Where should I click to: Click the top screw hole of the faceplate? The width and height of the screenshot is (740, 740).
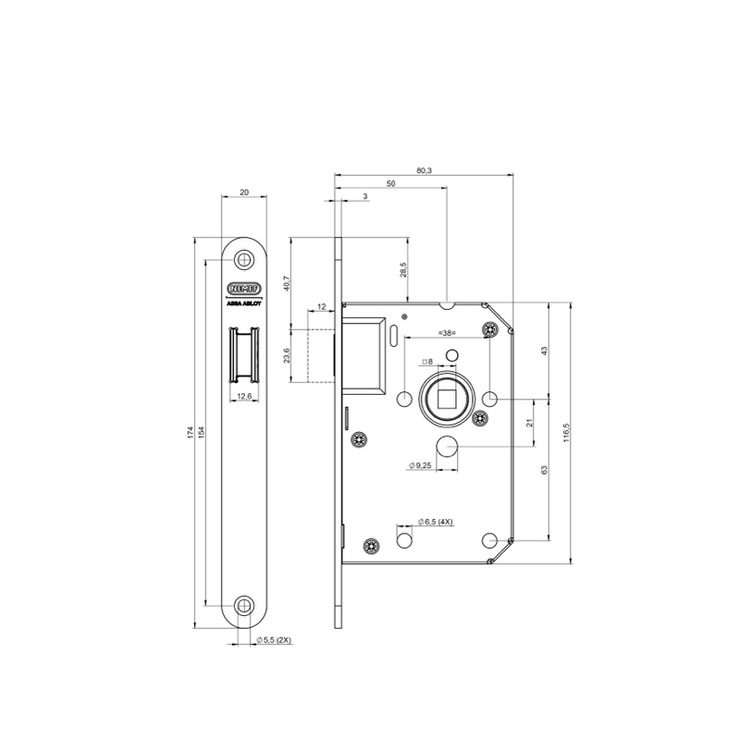(244, 260)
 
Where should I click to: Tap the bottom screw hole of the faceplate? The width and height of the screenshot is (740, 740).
(244, 606)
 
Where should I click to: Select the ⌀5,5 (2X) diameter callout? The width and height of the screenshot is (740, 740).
(273, 639)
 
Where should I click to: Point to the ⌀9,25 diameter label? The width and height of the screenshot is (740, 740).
(421, 466)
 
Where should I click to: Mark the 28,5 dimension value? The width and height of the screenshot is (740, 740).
(402, 269)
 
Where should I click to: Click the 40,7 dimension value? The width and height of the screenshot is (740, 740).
(286, 284)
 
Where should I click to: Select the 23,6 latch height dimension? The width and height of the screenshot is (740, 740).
(286, 356)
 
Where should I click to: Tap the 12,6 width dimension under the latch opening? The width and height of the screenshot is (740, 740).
(245, 396)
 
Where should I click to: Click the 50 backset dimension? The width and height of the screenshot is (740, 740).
(391, 184)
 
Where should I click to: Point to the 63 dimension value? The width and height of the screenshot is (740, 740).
(545, 471)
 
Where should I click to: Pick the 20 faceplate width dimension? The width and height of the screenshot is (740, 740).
(244, 191)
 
